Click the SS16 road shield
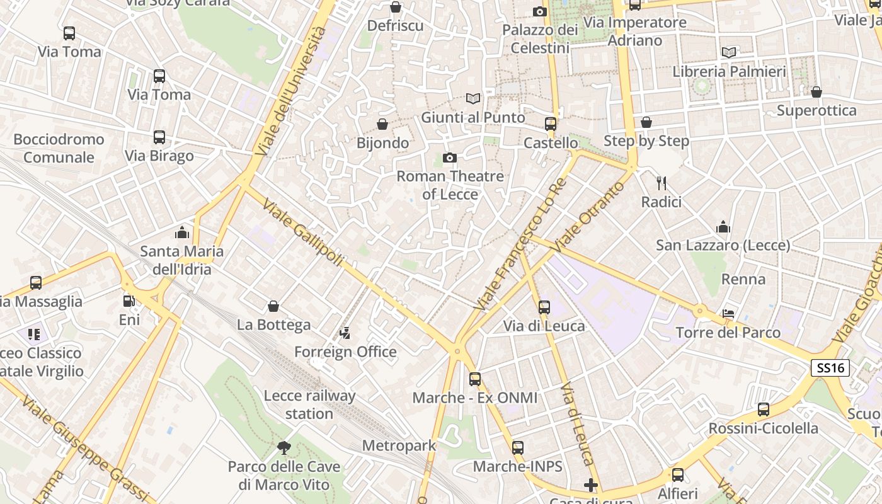click(830, 369)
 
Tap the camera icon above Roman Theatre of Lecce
click(449, 157)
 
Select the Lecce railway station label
click(309, 404)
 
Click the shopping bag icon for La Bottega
click(273, 306)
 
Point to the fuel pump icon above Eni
click(129, 301)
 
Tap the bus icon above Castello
click(550, 124)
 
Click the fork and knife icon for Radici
click(661, 183)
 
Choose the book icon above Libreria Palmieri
click(729, 52)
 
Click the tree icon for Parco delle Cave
click(284, 448)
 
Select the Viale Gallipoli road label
click(303, 233)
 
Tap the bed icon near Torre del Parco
click(728, 313)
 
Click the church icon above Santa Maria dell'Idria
click(182, 232)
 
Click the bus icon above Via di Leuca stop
click(544, 307)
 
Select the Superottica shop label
click(816, 111)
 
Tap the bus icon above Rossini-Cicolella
click(764, 409)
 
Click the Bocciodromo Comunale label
click(59, 148)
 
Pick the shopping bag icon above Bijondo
click(382, 124)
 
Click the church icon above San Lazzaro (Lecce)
click(723, 227)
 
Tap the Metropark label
click(399, 446)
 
